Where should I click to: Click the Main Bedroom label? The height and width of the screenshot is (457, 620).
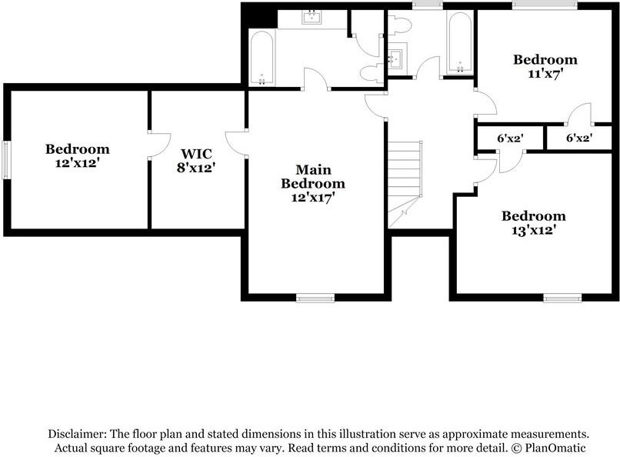coord(312,176)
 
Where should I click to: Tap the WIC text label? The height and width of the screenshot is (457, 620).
coord(196,153)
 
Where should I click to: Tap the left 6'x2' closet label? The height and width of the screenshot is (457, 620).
coord(510,139)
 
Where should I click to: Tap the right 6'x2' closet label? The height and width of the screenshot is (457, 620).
coord(579,139)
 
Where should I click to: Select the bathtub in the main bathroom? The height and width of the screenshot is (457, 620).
coord(262,58)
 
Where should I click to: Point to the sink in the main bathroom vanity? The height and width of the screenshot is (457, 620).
coord(312,18)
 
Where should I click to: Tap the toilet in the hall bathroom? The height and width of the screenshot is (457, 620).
coord(399,25)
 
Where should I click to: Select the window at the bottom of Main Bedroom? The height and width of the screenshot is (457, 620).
coord(315,298)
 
